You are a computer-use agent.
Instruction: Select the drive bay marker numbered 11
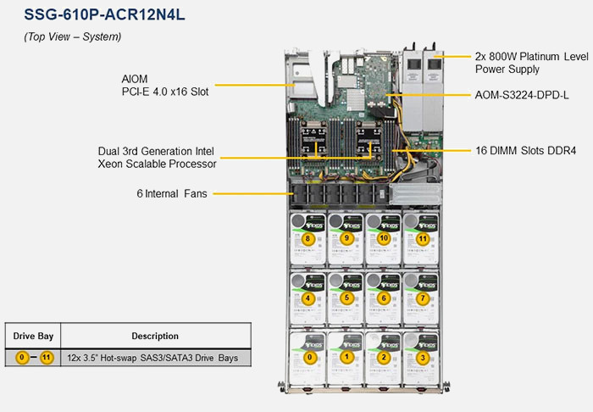coord(422,239)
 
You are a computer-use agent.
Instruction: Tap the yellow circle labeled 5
coord(346,298)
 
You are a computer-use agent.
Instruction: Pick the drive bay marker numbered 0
coord(309,357)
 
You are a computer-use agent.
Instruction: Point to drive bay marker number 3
coord(422,357)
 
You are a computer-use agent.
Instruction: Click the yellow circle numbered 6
coord(384,298)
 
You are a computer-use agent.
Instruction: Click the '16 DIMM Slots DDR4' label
coord(525,151)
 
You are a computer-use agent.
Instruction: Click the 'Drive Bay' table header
coord(34,336)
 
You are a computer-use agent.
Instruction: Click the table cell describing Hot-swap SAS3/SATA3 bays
coord(158,358)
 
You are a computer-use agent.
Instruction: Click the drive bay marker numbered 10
coord(384,239)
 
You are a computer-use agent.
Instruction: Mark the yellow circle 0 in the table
coord(23,358)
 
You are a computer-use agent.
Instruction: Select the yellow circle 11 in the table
coord(47,358)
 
